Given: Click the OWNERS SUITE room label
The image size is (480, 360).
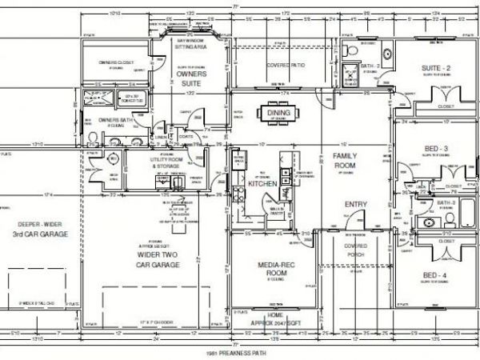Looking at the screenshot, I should [192, 77].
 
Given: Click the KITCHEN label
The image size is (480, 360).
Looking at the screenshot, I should [262, 184].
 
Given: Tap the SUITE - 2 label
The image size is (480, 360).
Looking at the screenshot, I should [435, 69].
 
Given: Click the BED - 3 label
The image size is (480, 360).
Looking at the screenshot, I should [436, 148].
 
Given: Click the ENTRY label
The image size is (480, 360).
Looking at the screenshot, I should [355, 205].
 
